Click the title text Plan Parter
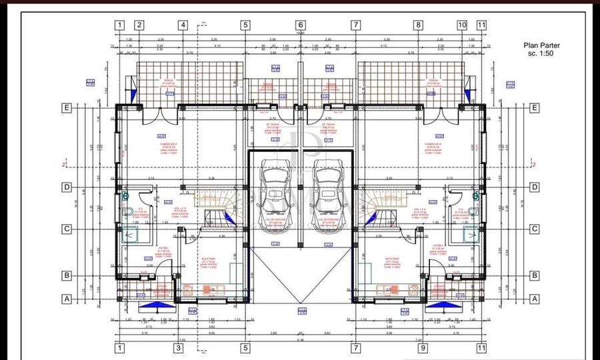541,46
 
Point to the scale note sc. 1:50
541,53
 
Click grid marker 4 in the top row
183,25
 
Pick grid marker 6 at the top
300,25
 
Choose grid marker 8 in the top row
418,25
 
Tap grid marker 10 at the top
462,25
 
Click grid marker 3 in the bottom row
179,348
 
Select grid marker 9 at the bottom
422,348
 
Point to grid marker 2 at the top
139,25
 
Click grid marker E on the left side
67,107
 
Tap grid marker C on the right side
534,229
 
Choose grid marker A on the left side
67,299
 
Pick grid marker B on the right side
534,275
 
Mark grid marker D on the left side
67,187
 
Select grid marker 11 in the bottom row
482,348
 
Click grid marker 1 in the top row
119,25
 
